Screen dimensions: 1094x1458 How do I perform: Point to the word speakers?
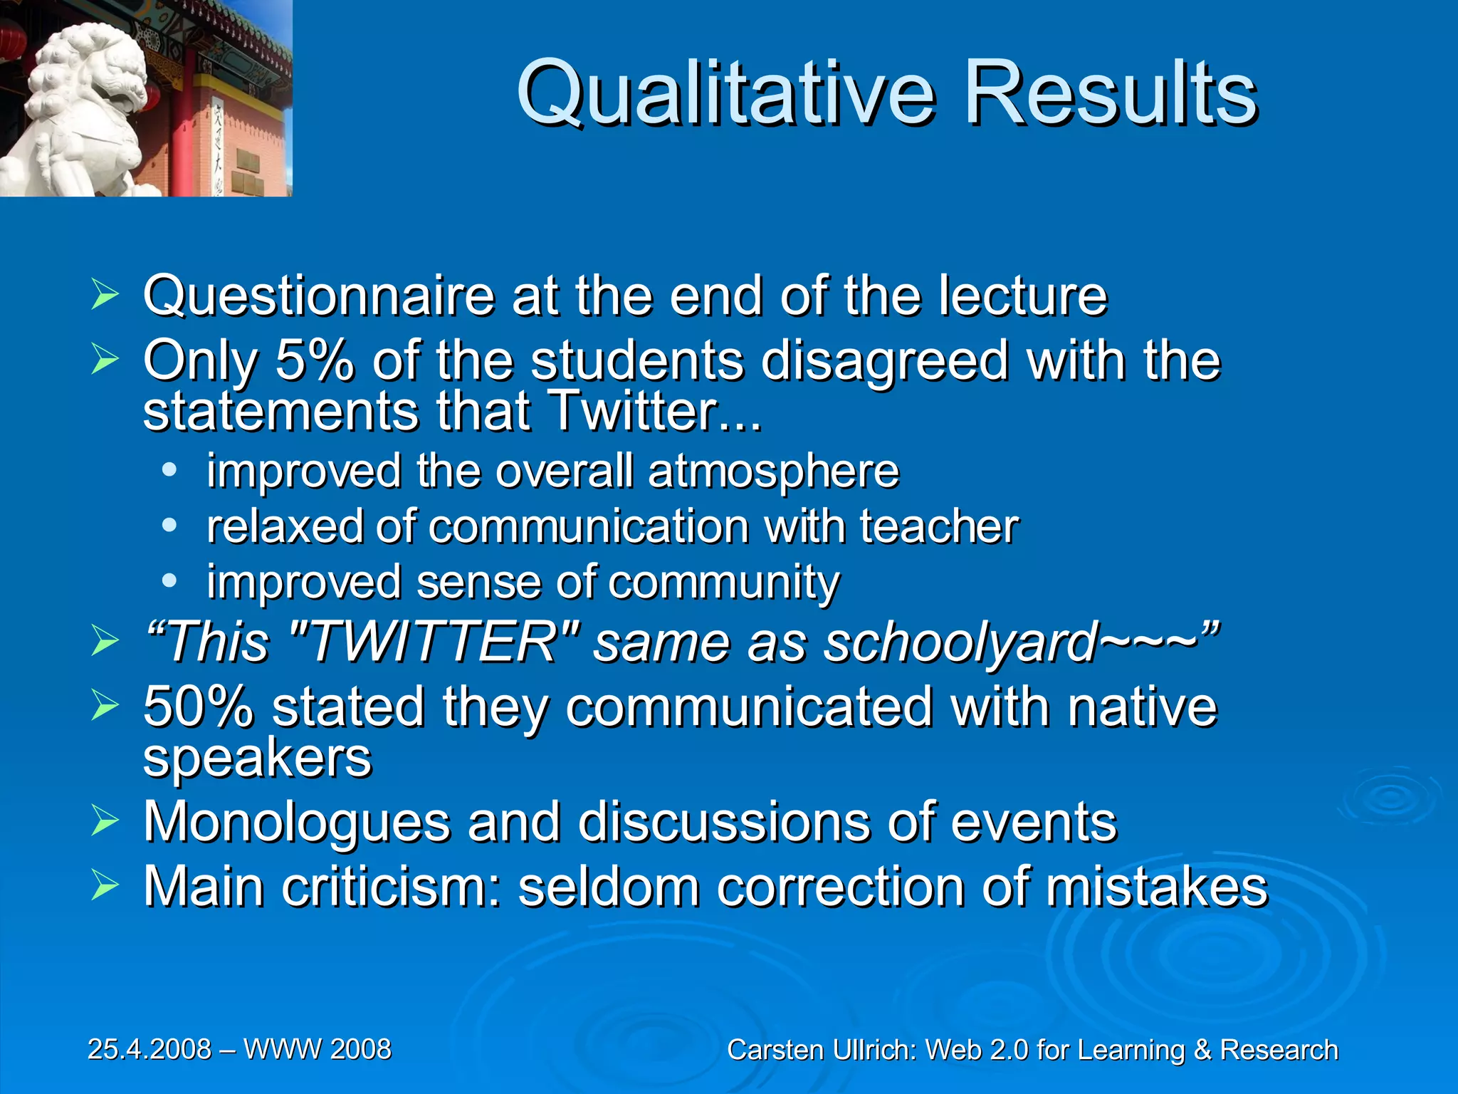(x=257, y=758)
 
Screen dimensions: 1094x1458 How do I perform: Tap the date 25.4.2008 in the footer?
(x=150, y=1049)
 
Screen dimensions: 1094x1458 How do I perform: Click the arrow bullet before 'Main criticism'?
(x=105, y=887)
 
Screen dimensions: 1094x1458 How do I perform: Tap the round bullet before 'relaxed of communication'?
(x=169, y=526)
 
